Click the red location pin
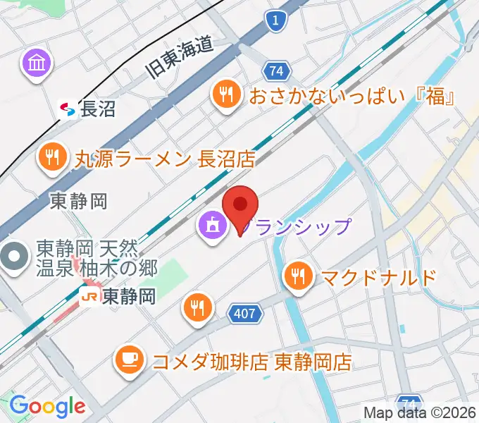coord(240,207)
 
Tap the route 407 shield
coord(245,312)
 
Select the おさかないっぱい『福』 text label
coord(350,95)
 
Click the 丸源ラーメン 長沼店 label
coord(165,159)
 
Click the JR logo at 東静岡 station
coord(89,298)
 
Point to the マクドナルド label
coord(379,277)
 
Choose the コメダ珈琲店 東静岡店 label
coord(252,362)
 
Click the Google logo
coord(46,405)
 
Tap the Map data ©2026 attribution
coord(420,412)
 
